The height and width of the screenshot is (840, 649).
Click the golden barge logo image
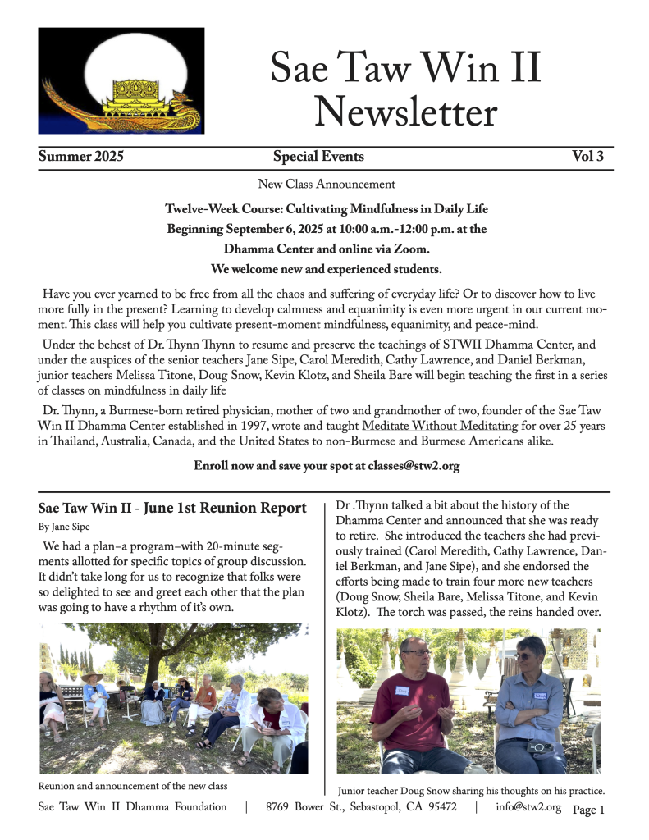point(121,80)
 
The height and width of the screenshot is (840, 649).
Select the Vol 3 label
point(587,157)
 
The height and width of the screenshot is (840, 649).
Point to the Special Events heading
point(318,157)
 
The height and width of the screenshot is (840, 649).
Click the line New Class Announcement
point(327,184)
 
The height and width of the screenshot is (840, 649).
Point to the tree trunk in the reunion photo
point(153,664)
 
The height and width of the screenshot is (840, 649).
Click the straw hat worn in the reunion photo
point(92,678)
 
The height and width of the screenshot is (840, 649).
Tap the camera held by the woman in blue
point(537,746)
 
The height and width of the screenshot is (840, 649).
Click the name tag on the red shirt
point(403,692)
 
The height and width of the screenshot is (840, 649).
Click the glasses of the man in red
point(417,654)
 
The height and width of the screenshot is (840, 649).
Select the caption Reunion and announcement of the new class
point(133,786)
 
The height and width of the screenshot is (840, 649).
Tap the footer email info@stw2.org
point(528,807)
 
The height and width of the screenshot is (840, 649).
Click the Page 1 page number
point(588,810)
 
